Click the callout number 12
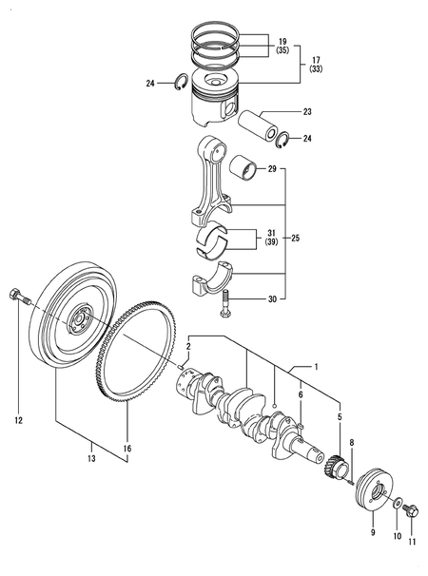18,420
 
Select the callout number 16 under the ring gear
127,449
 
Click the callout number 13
91,458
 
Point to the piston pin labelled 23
258,126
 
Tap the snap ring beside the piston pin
282,140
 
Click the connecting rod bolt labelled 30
224,304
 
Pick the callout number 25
295,238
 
